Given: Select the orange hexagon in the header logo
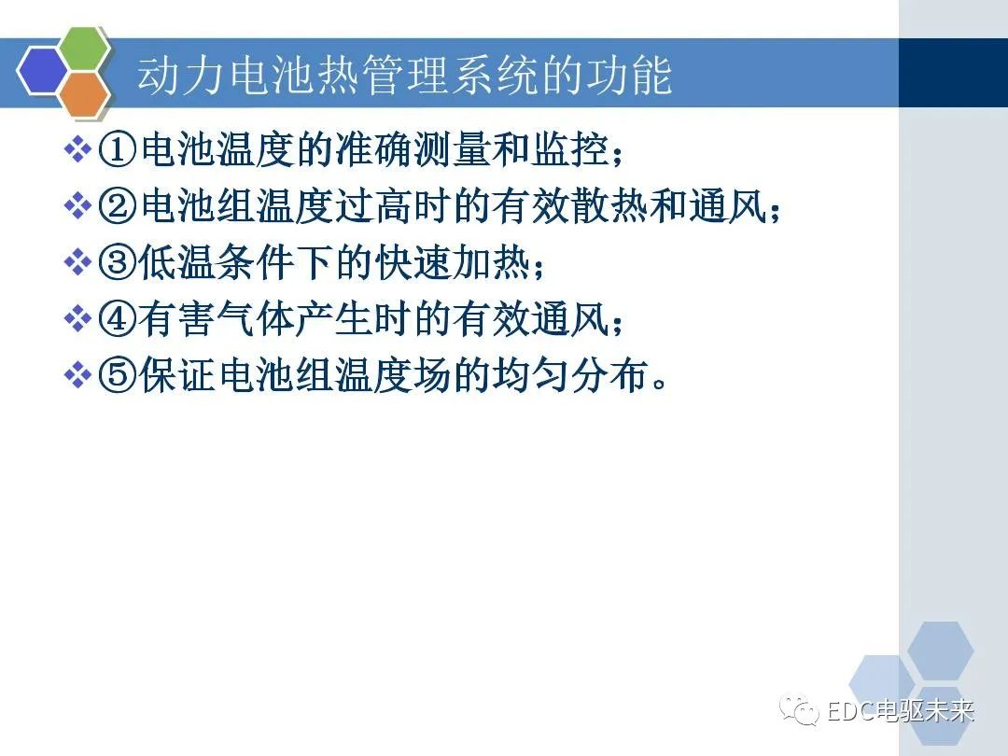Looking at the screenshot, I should (85, 94).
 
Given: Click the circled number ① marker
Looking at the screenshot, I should (119, 150).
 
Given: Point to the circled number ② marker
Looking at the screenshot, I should (119, 206).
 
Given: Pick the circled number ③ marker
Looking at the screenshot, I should (119, 263).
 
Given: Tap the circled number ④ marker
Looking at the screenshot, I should (119, 321).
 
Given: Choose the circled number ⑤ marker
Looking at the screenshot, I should (119, 377).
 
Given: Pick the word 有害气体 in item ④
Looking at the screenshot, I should (225, 321).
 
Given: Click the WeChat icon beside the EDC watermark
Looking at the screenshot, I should (802, 710).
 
